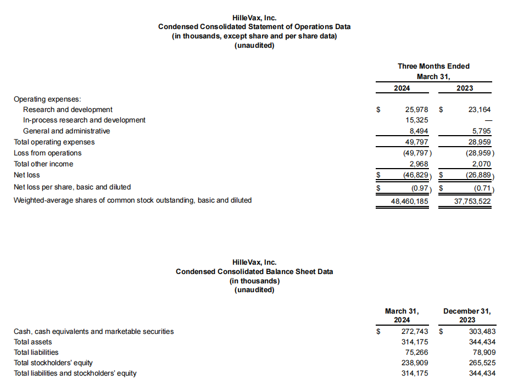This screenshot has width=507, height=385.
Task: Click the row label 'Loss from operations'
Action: [x=47, y=153]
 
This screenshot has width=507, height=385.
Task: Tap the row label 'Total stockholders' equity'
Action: [x=53, y=362]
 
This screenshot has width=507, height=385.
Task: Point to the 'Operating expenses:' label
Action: [x=47, y=99]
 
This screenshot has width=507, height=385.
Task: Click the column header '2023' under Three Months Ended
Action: [x=465, y=88]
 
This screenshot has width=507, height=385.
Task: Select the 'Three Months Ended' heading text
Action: [x=433, y=66]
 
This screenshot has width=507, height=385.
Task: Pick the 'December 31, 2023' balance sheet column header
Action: [x=466, y=315]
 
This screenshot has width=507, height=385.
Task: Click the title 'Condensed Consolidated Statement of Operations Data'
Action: [x=254, y=26]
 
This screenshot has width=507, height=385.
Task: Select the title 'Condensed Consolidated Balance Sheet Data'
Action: [x=254, y=271]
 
